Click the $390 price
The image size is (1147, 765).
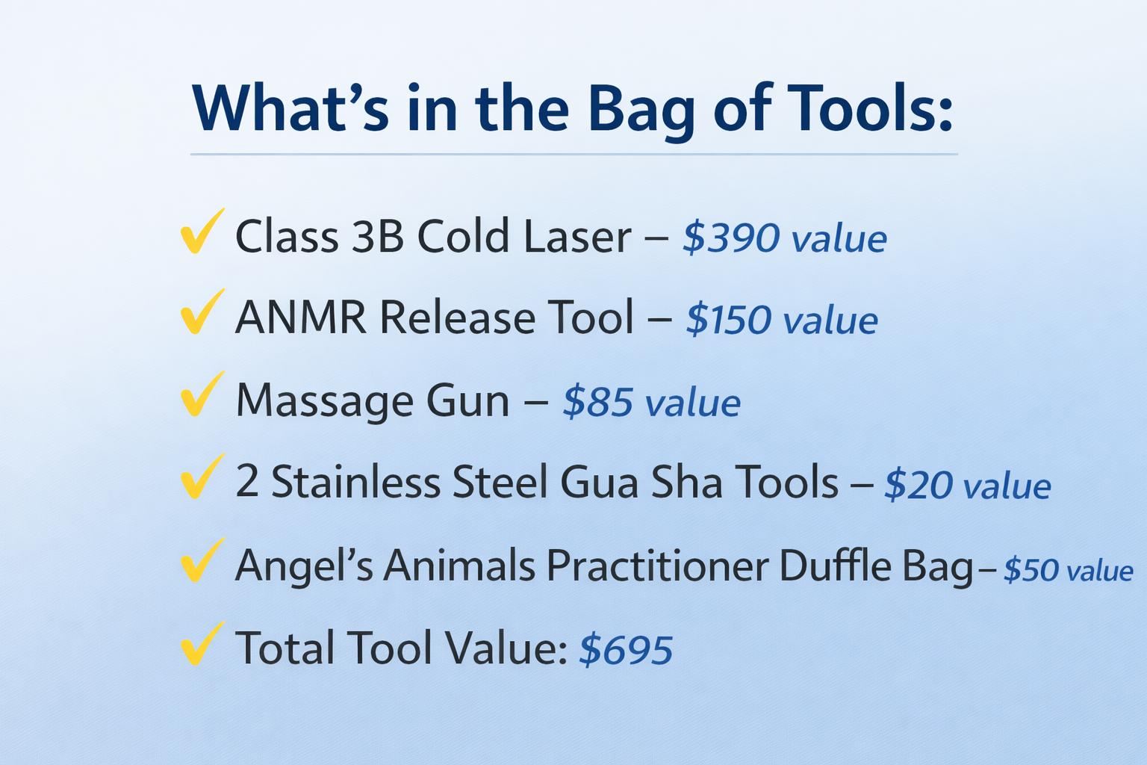click(x=731, y=238)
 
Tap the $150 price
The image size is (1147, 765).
click(x=728, y=320)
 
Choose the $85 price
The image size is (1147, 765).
click(x=597, y=402)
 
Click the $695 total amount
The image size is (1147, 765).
click(x=626, y=648)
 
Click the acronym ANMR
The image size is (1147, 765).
click(x=301, y=318)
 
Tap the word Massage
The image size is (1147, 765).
click(x=325, y=401)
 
